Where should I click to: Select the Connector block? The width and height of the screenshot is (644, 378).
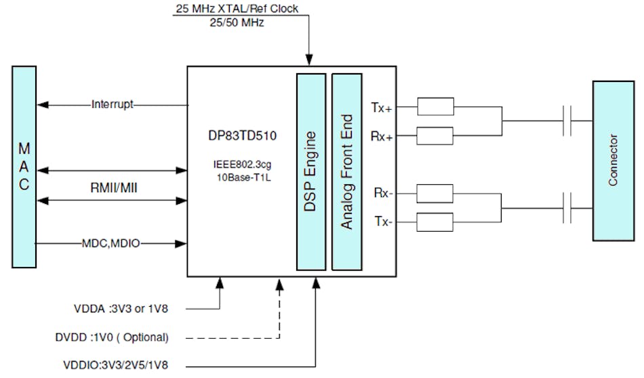[613, 161]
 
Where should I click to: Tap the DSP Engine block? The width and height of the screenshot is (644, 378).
[310, 171]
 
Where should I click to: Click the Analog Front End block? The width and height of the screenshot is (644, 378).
[346, 171]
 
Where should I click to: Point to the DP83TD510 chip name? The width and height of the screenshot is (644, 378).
[240, 135]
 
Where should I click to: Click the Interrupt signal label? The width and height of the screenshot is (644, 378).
[113, 105]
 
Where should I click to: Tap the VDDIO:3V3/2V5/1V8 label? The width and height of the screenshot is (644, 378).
[125, 365]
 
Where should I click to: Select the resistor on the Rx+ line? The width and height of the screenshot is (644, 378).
[435, 136]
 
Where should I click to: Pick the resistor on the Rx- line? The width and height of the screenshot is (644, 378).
[435, 194]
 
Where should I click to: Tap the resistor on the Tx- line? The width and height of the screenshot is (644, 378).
[435, 222]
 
